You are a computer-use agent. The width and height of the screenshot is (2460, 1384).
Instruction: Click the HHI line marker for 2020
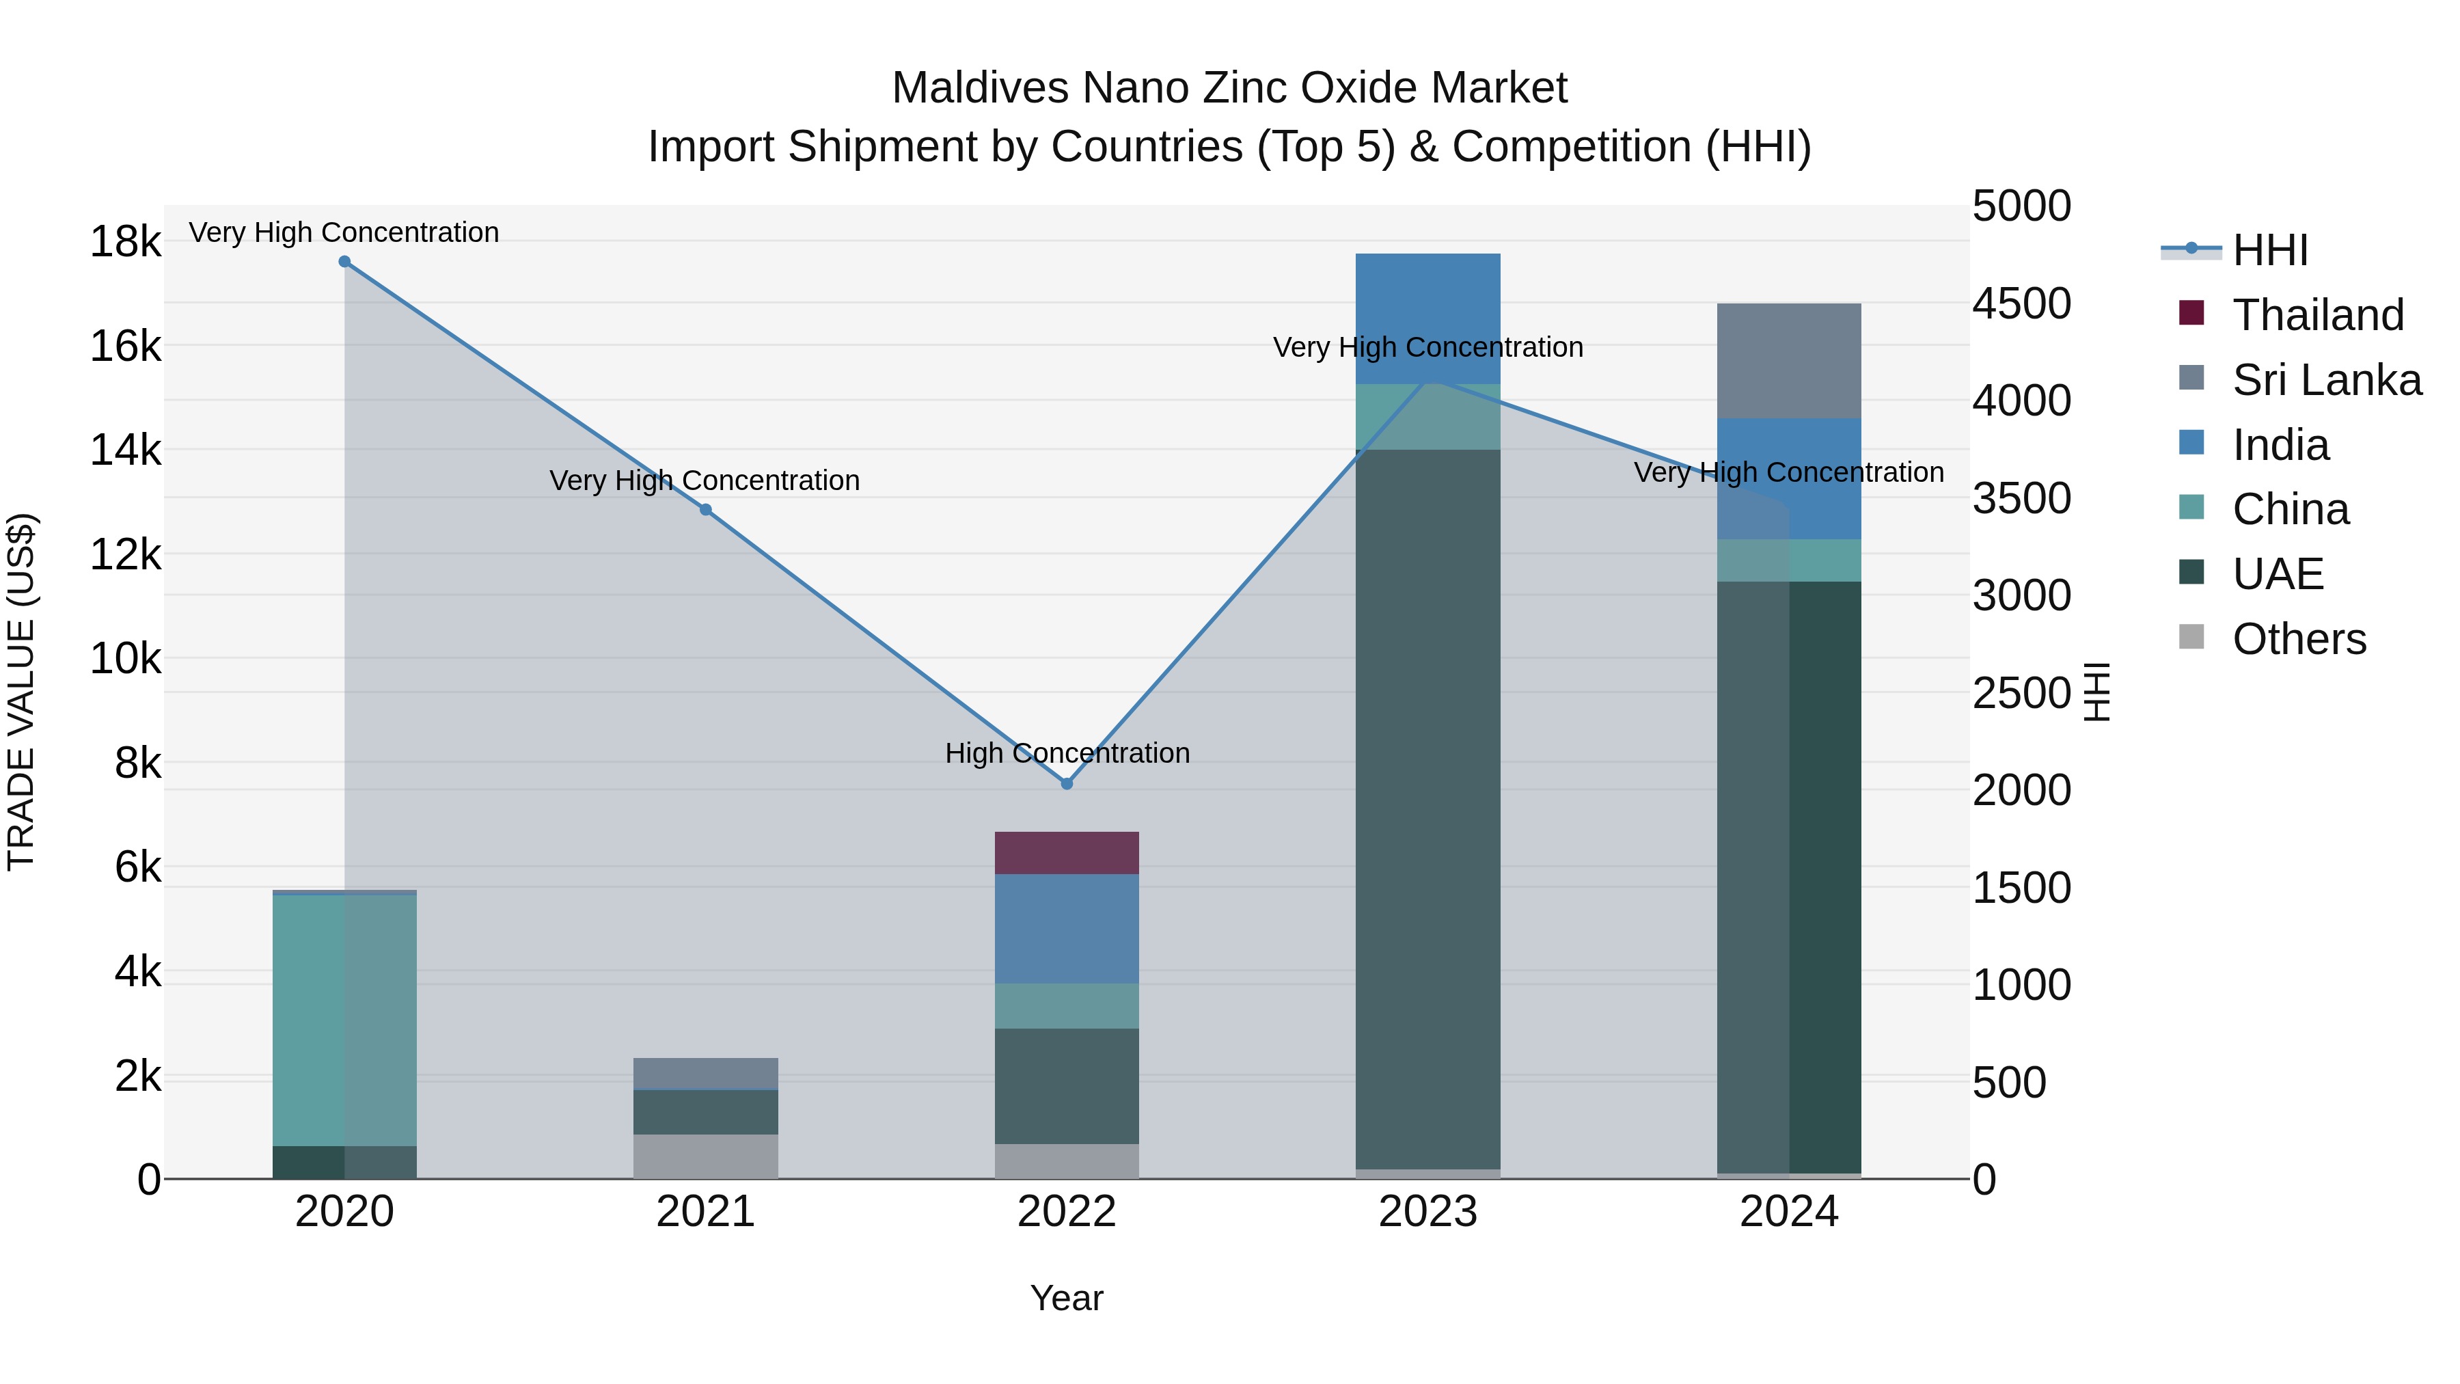(345, 262)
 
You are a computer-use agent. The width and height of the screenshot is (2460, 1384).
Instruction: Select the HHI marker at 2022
(1067, 783)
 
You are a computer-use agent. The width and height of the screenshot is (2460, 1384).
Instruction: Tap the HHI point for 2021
(706, 510)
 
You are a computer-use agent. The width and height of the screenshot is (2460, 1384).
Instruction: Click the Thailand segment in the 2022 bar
(1067, 853)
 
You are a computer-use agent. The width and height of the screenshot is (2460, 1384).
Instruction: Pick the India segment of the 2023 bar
(1427, 319)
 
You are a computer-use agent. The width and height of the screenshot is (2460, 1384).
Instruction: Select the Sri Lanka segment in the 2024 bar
(1789, 361)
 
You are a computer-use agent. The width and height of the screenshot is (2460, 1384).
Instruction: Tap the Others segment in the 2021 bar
(706, 1156)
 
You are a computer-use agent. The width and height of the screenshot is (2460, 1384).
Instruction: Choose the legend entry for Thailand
(2318, 315)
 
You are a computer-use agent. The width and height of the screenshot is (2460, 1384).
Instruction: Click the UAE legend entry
(2278, 574)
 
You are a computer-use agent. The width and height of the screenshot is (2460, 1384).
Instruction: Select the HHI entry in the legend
(2270, 250)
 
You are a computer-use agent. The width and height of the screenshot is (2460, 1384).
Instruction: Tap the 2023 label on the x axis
(1427, 1212)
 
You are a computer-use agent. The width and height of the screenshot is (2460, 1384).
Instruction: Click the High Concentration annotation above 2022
(1067, 754)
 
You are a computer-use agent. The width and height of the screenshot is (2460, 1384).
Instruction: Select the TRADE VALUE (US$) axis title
(21, 692)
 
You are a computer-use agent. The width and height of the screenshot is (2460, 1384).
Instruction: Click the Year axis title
(1067, 1298)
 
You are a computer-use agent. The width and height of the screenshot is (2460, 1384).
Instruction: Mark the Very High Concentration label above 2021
(705, 480)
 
